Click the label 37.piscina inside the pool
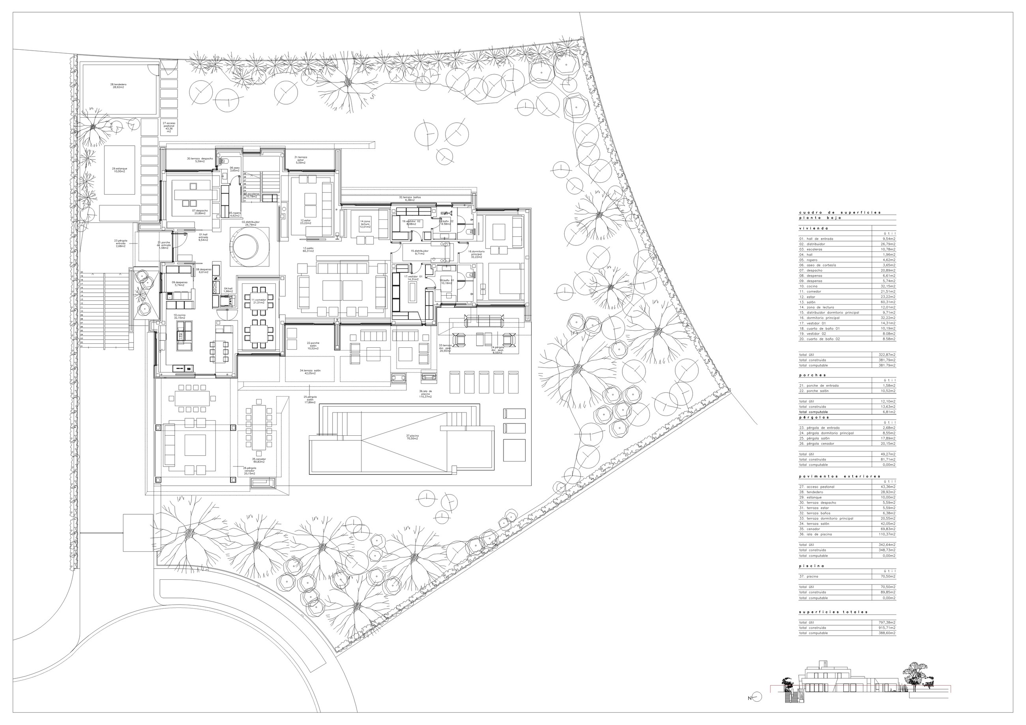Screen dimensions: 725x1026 click(412, 437)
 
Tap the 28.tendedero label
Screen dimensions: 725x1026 click(118, 85)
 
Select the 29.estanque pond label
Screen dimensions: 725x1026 click(119, 170)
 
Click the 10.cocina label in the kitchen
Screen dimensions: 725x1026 click(179, 316)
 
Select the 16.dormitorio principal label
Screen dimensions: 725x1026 click(476, 254)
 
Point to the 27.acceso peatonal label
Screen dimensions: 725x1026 click(169, 127)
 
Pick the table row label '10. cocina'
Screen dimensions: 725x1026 click(809, 286)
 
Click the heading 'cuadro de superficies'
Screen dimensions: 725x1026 click(840, 212)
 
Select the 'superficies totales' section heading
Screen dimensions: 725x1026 click(833, 612)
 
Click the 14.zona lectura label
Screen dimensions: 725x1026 click(365, 223)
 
